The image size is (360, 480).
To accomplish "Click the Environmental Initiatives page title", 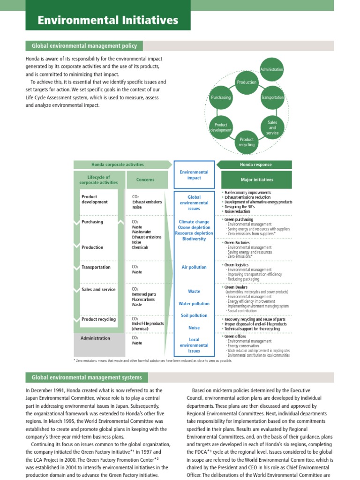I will tap(108, 20).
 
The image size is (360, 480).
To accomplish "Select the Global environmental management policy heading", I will tap(84, 46).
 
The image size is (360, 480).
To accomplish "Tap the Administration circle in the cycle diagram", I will tap(272, 69).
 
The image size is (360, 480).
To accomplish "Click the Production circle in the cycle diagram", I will tap(247, 82).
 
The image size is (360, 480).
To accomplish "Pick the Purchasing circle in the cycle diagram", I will tap(221, 97).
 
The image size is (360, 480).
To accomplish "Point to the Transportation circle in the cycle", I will tap(272, 97).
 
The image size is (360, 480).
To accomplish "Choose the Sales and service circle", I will tap(272, 127).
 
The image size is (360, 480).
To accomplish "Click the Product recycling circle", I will tap(247, 142).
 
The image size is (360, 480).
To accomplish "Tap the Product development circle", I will tap(221, 127).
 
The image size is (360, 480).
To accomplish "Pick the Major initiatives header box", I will tap(256, 180).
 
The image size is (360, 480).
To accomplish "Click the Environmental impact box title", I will tap(194, 175).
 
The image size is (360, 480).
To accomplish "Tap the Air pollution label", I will tap(194, 267).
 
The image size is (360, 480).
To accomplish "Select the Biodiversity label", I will tap(194, 239).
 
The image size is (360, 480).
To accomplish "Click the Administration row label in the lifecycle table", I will tap(96, 338).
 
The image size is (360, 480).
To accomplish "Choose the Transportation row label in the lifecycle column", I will tap(96, 267).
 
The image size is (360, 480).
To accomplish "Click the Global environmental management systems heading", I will tap(87, 377).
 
